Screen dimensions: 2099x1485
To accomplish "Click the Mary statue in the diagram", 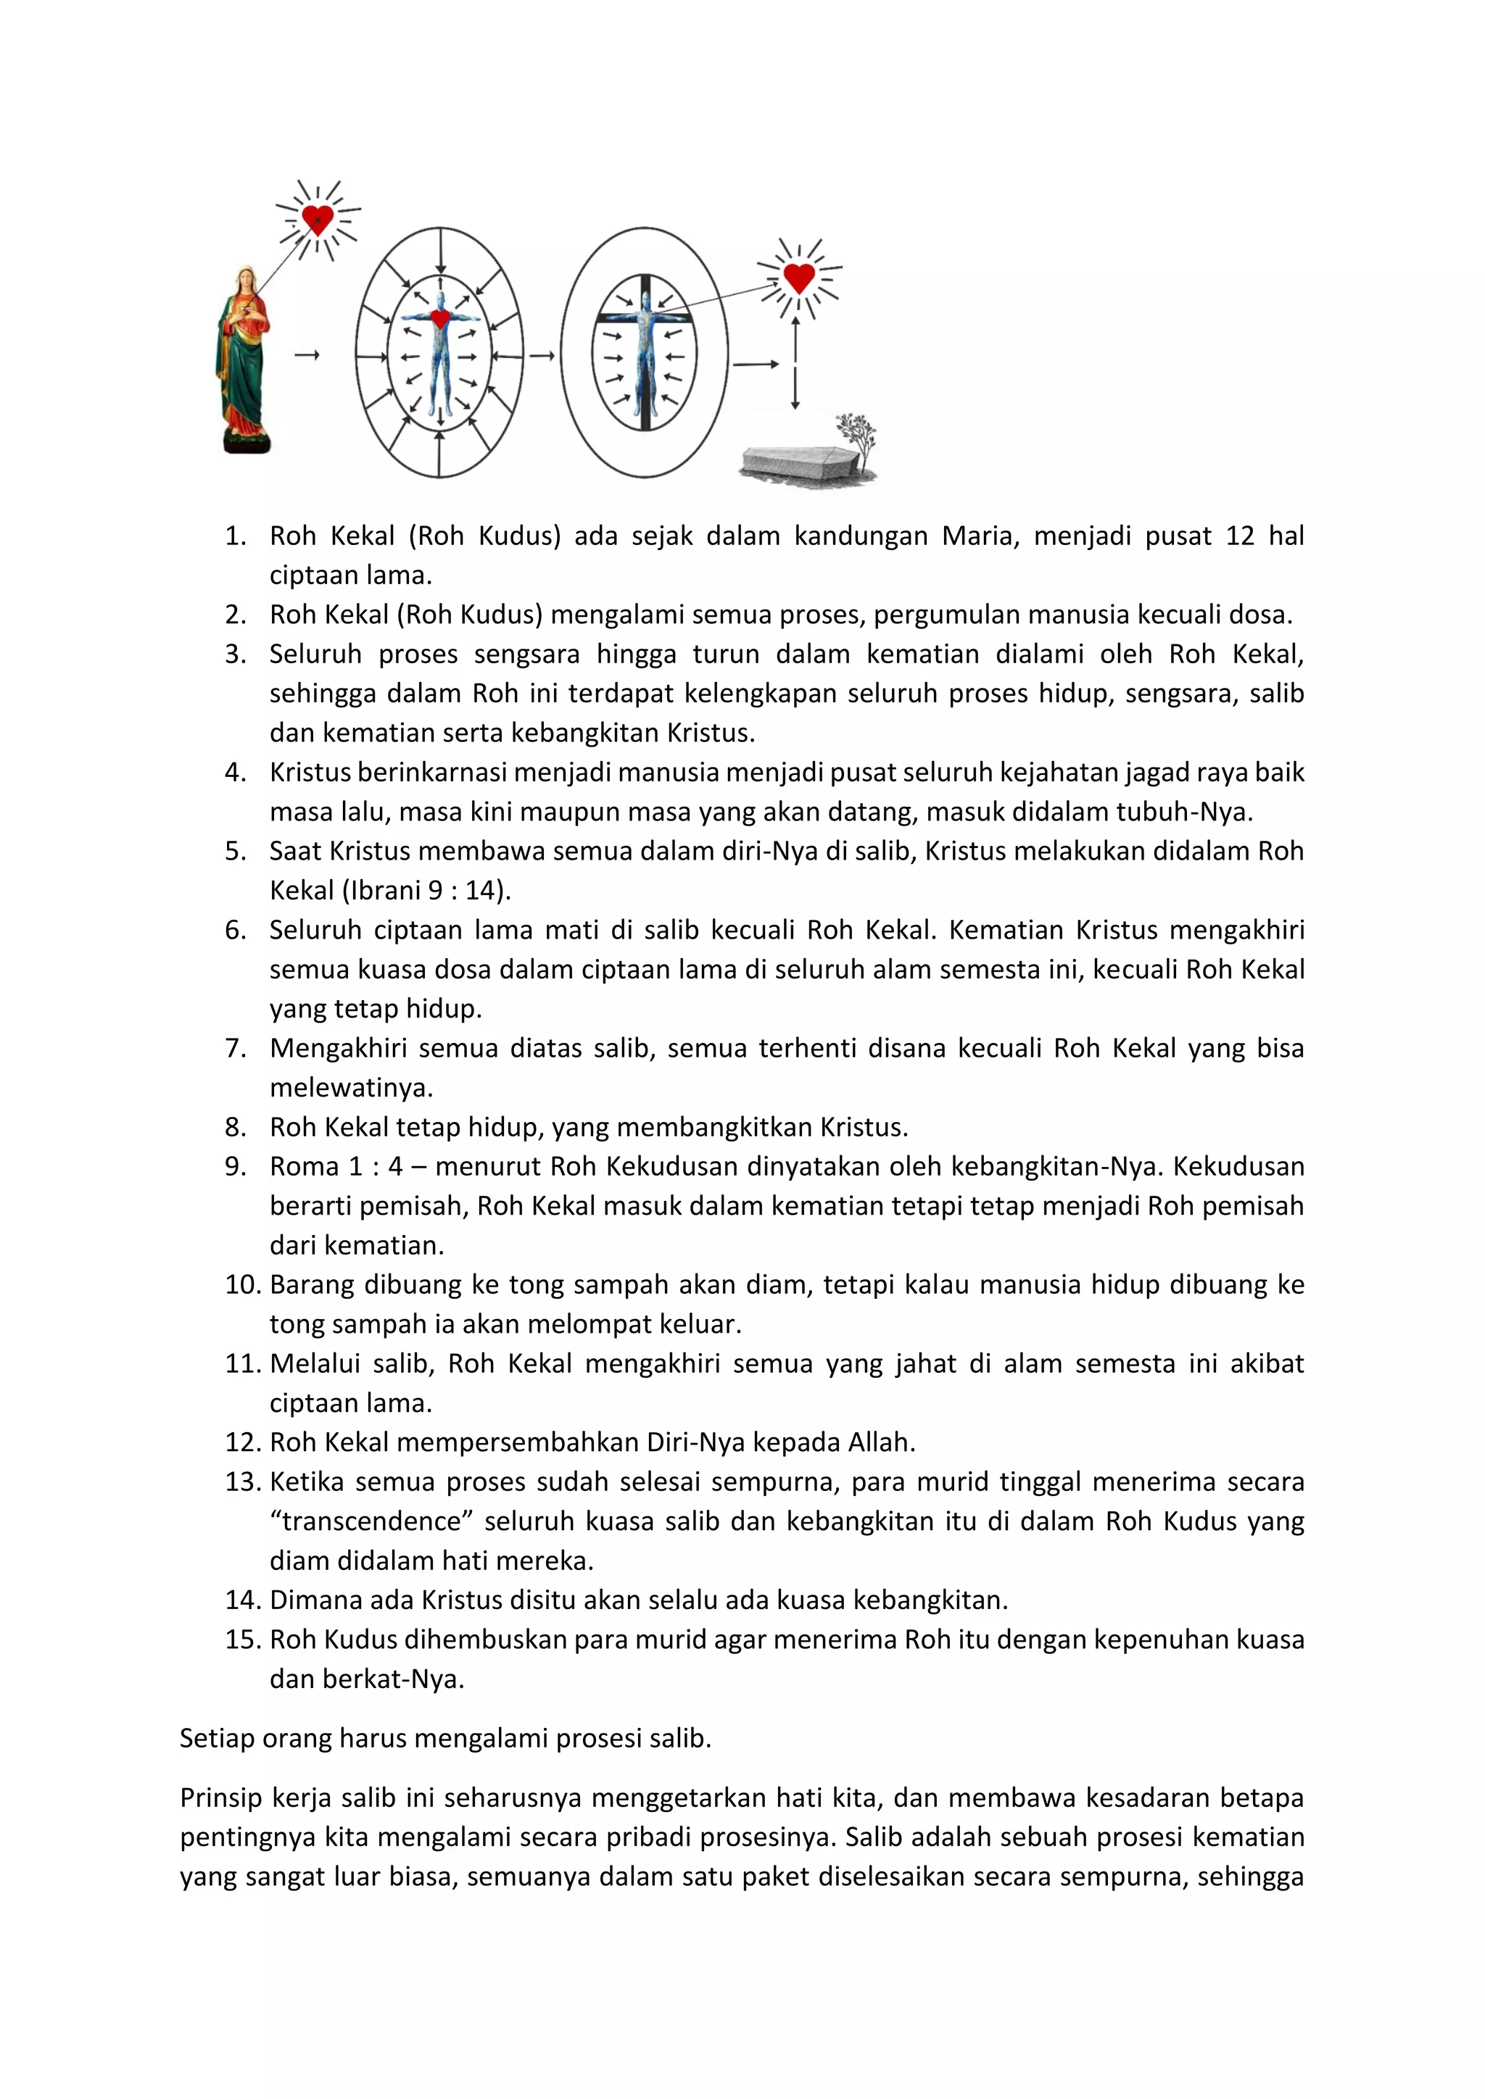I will tap(242, 361).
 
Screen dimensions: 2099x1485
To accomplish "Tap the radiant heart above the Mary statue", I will tap(318, 220).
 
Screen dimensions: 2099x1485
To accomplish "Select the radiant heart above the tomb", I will tap(799, 277).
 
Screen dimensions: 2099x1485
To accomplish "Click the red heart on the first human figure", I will tap(440, 319).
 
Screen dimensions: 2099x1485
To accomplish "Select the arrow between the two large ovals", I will tap(542, 354).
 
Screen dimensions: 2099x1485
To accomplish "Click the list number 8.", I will tap(235, 1127).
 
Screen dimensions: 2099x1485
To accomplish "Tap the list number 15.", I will tap(243, 1639).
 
